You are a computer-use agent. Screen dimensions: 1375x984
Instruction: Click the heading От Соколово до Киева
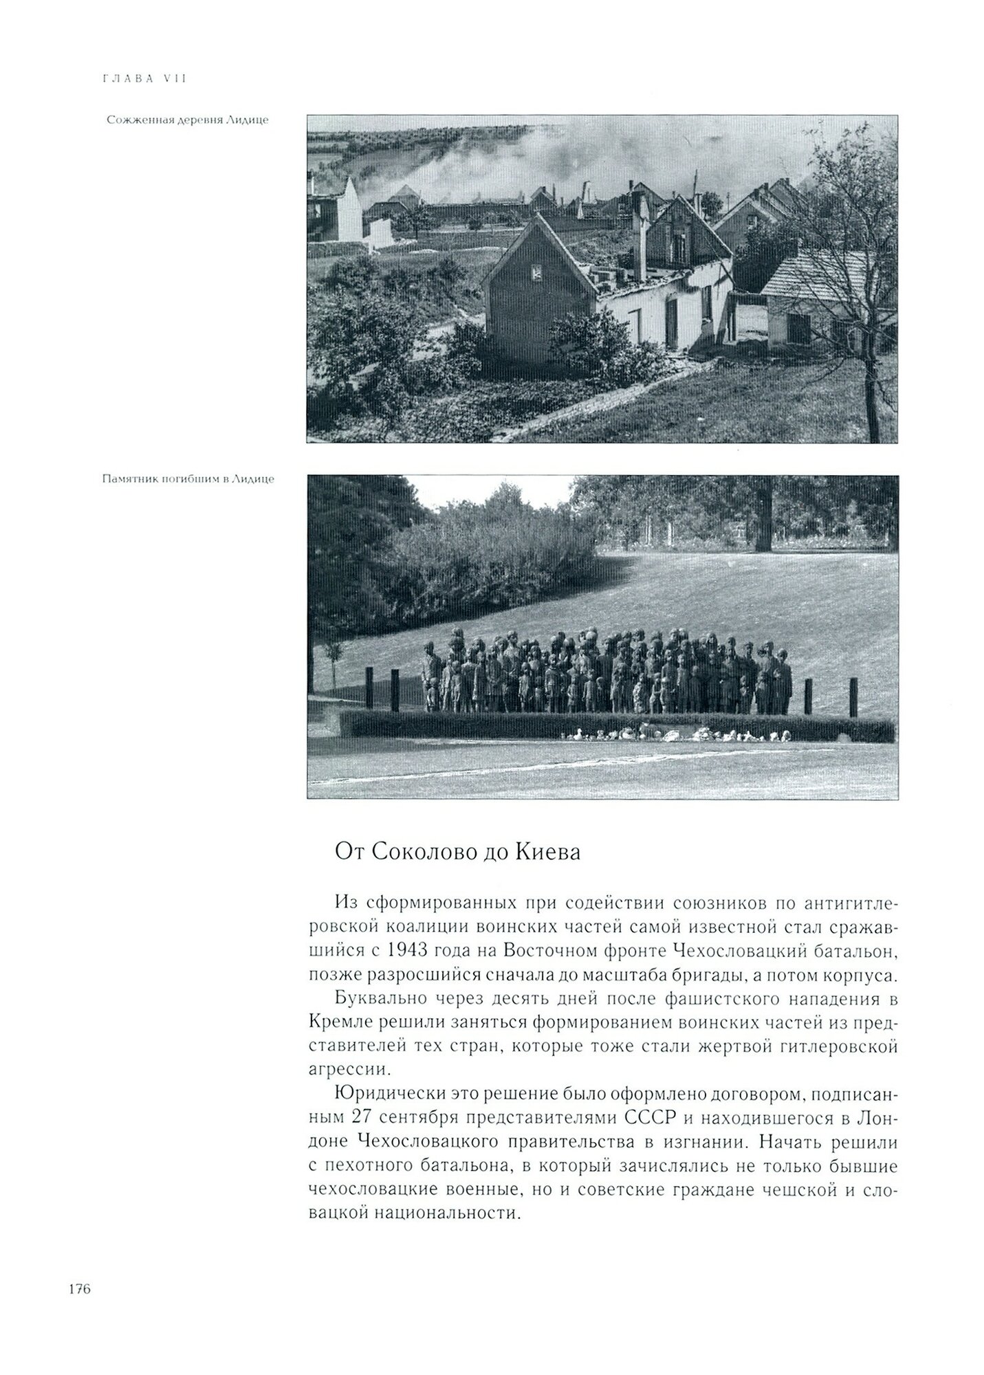pos(457,853)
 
